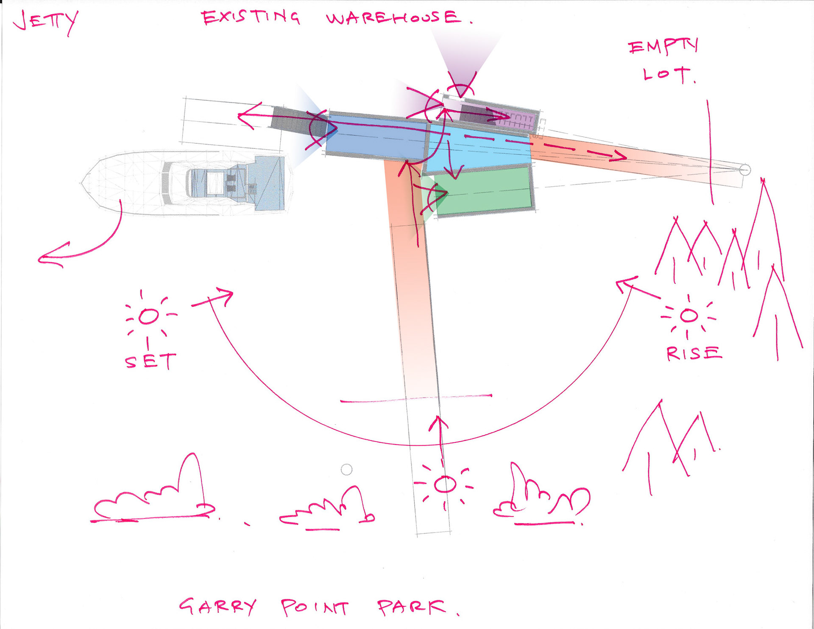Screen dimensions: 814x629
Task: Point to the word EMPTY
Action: tap(663, 47)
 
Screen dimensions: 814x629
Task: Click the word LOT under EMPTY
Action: tap(667, 75)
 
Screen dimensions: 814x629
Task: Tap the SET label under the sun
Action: tap(150, 362)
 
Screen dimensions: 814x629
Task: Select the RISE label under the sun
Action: tap(693, 353)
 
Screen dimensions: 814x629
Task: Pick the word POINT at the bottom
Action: tap(315, 607)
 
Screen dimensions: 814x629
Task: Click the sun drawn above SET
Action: tap(148, 316)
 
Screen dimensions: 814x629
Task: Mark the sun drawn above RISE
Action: tap(689, 316)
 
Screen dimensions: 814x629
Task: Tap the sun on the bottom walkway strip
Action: tap(445, 484)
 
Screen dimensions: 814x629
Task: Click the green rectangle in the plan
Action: tap(483, 191)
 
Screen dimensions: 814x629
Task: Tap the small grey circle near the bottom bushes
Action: tap(346, 470)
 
